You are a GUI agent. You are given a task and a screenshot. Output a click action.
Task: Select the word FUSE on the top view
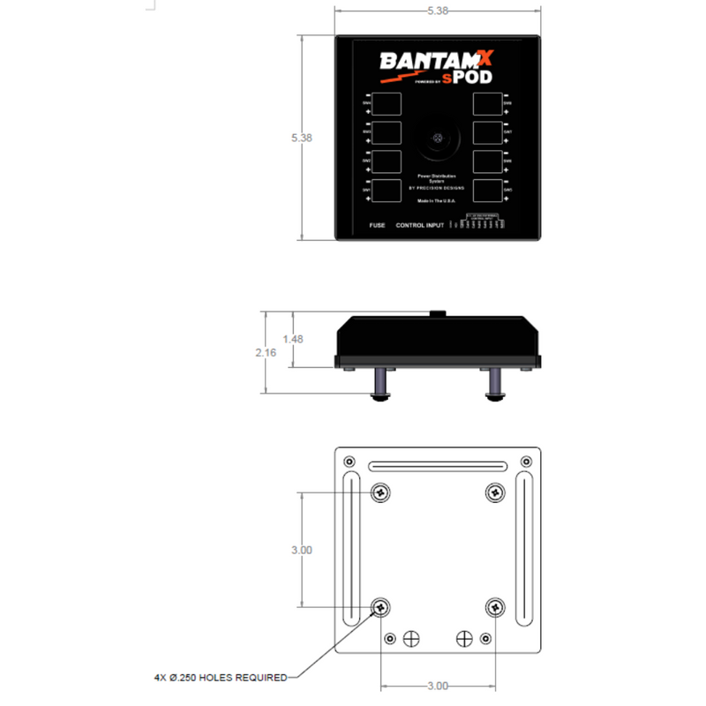coord(377,227)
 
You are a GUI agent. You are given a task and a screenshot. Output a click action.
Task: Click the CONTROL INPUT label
coord(420,227)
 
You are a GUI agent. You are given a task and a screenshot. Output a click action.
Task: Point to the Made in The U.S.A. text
coord(436,201)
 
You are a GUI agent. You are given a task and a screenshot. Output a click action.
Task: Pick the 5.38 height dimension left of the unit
coord(302,138)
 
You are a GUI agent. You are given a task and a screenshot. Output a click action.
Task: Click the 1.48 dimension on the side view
coord(293,339)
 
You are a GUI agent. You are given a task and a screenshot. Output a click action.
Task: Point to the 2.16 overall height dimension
coord(267,352)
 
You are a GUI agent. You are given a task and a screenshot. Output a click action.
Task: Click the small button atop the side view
coord(436,312)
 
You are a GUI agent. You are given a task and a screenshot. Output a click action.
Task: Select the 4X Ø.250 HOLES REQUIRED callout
coord(220,678)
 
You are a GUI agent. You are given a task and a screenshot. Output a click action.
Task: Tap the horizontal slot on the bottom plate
coord(437,466)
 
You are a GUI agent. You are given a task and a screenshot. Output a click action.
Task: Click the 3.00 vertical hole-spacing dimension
coord(302,549)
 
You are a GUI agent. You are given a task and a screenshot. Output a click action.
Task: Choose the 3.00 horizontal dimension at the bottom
coord(437,686)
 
